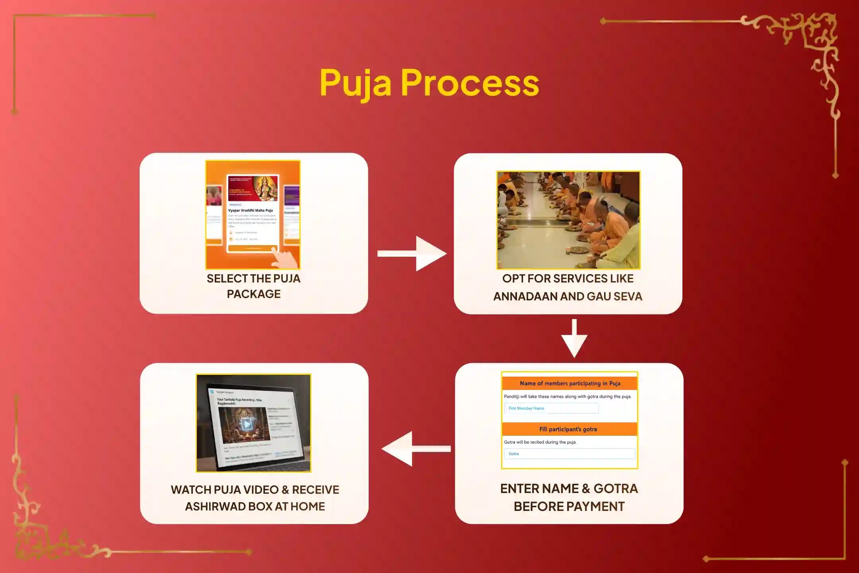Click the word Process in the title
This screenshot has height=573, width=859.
[470, 83]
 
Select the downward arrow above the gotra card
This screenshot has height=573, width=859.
[574, 338]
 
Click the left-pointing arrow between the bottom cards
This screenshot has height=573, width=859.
[415, 448]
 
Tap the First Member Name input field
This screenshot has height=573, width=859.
[551, 408]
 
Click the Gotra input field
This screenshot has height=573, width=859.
[569, 454]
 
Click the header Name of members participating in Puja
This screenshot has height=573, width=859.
[569, 384]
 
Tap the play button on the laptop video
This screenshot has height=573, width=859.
[247, 425]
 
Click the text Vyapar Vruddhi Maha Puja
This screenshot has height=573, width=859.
[250, 210]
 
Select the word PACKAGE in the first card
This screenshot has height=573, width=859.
[254, 294]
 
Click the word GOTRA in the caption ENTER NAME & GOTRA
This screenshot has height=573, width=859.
[615, 489]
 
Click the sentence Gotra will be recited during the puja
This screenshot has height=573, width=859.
[540, 442]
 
